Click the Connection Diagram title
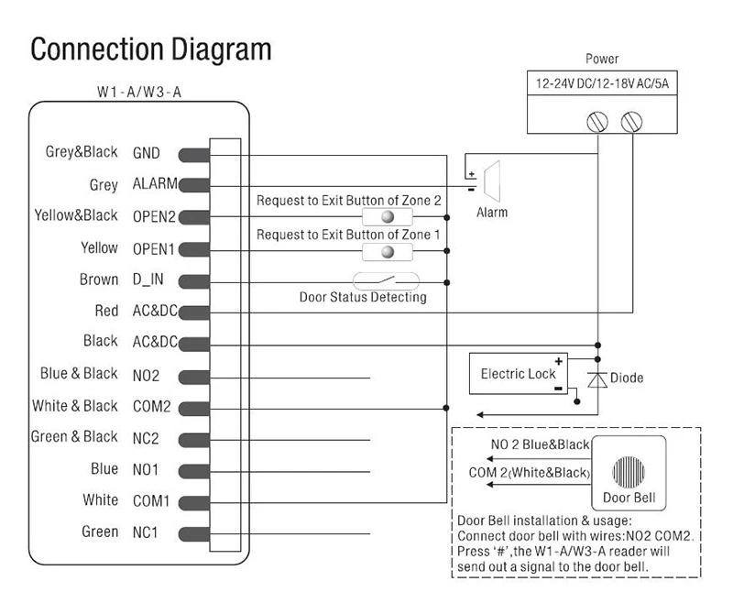tap(150, 50)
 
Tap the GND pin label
tap(147, 153)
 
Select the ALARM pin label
tap(155, 183)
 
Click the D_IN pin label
tap(148, 280)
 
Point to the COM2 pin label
tap(152, 406)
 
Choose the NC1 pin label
tap(146, 532)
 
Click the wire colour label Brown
tap(99, 280)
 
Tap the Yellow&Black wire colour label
tap(76, 215)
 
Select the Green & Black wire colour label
tap(74, 436)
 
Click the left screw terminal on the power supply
tap(597, 122)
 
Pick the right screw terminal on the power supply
tap(631, 122)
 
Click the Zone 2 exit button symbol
tap(388, 217)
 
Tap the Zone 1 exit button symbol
tap(388, 252)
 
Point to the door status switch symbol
tap(386, 281)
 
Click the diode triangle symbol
tap(597, 380)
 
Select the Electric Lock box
tap(519, 374)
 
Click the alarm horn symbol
tap(492, 181)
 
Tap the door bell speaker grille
tap(629, 472)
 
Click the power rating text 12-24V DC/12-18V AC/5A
tap(602, 83)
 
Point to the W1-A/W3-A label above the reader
tap(139, 92)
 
